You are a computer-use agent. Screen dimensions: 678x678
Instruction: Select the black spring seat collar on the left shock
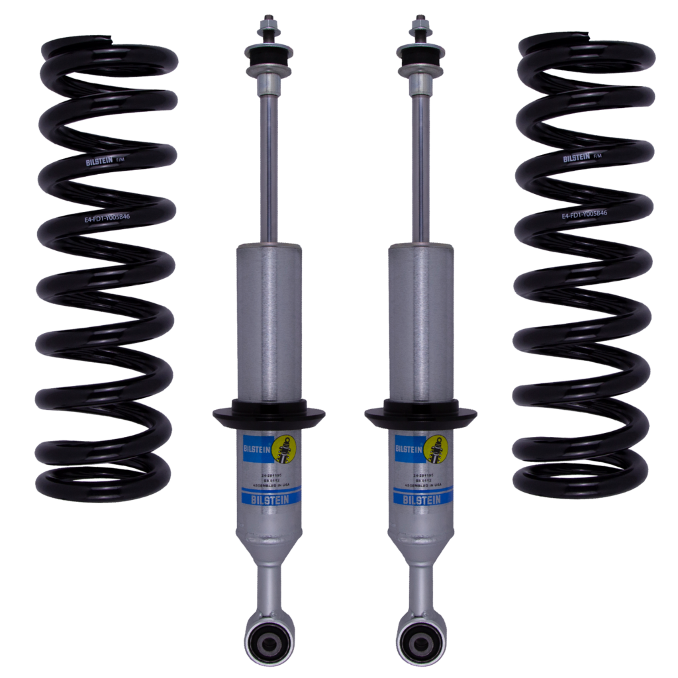269,414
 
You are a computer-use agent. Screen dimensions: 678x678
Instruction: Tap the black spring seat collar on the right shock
420,414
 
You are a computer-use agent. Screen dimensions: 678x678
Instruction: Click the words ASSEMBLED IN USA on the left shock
268,483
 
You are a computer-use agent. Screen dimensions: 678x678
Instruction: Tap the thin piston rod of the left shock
269,166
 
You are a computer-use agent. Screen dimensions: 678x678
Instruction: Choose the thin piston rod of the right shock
420,166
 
